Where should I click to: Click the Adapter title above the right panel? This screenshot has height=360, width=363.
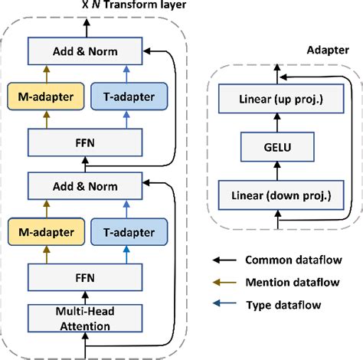(324, 48)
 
